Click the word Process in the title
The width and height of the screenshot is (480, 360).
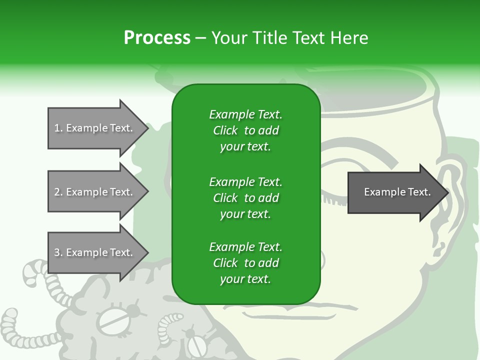[157, 38]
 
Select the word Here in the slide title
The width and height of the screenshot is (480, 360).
[348, 38]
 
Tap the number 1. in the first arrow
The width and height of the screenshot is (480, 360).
[58, 128]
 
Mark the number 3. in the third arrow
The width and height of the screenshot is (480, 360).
[58, 252]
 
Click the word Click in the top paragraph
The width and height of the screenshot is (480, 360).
[225, 130]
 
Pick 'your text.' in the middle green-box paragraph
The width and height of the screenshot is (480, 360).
[245, 214]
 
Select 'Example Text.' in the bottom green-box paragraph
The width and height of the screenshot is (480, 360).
[245, 247]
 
